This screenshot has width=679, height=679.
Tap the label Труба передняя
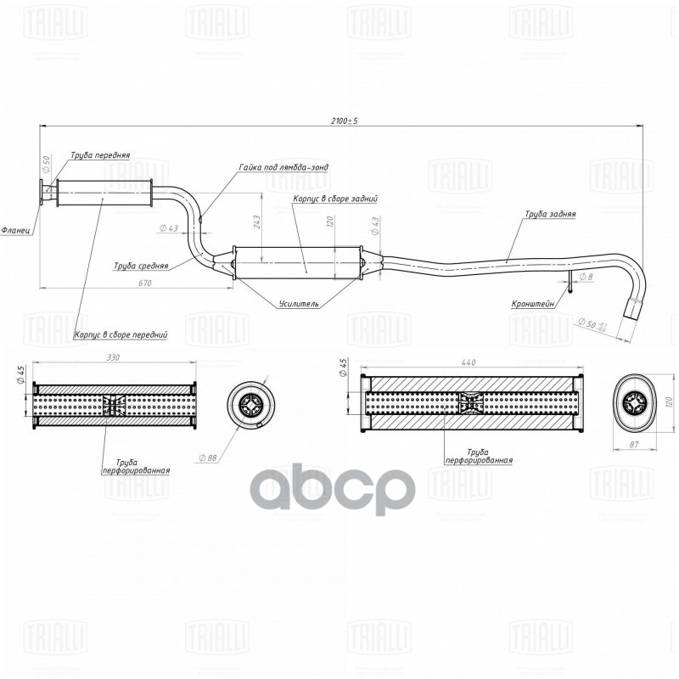pyautogui.click(x=100, y=155)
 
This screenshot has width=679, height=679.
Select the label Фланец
pyautogui.click(x=17, y=230)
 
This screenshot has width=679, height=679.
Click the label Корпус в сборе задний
pyautogui.click(x=334, y=198)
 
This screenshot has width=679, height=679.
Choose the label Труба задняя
pyautogui.click(x=549, y=215)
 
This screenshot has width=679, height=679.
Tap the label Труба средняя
pyautogui.click(x=140, y=266)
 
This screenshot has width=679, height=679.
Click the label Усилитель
pyautogui.click(x=299, y=303)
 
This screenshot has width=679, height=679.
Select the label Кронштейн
pyautogui.click(x=533, y=303)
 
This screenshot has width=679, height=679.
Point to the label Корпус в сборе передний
pyautogui.click(x=121, y=334)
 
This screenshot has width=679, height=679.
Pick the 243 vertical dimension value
pyautogui.click(x=255, y=222)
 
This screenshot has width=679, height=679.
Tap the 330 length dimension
pyautogui.click(x=113, y=358)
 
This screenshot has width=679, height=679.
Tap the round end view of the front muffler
pyautogui.click(x=251, y=405)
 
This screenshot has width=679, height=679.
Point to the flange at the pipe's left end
pyautogui.click(x=42, y=194)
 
